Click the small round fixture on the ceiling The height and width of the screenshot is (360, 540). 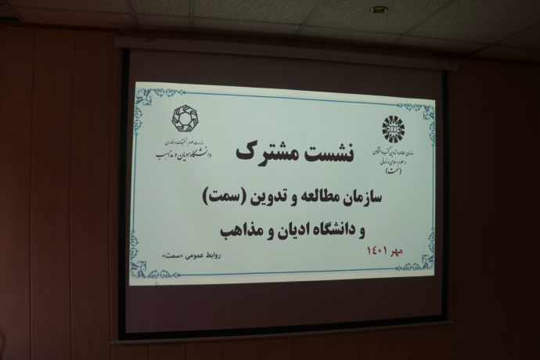point(380,10)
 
